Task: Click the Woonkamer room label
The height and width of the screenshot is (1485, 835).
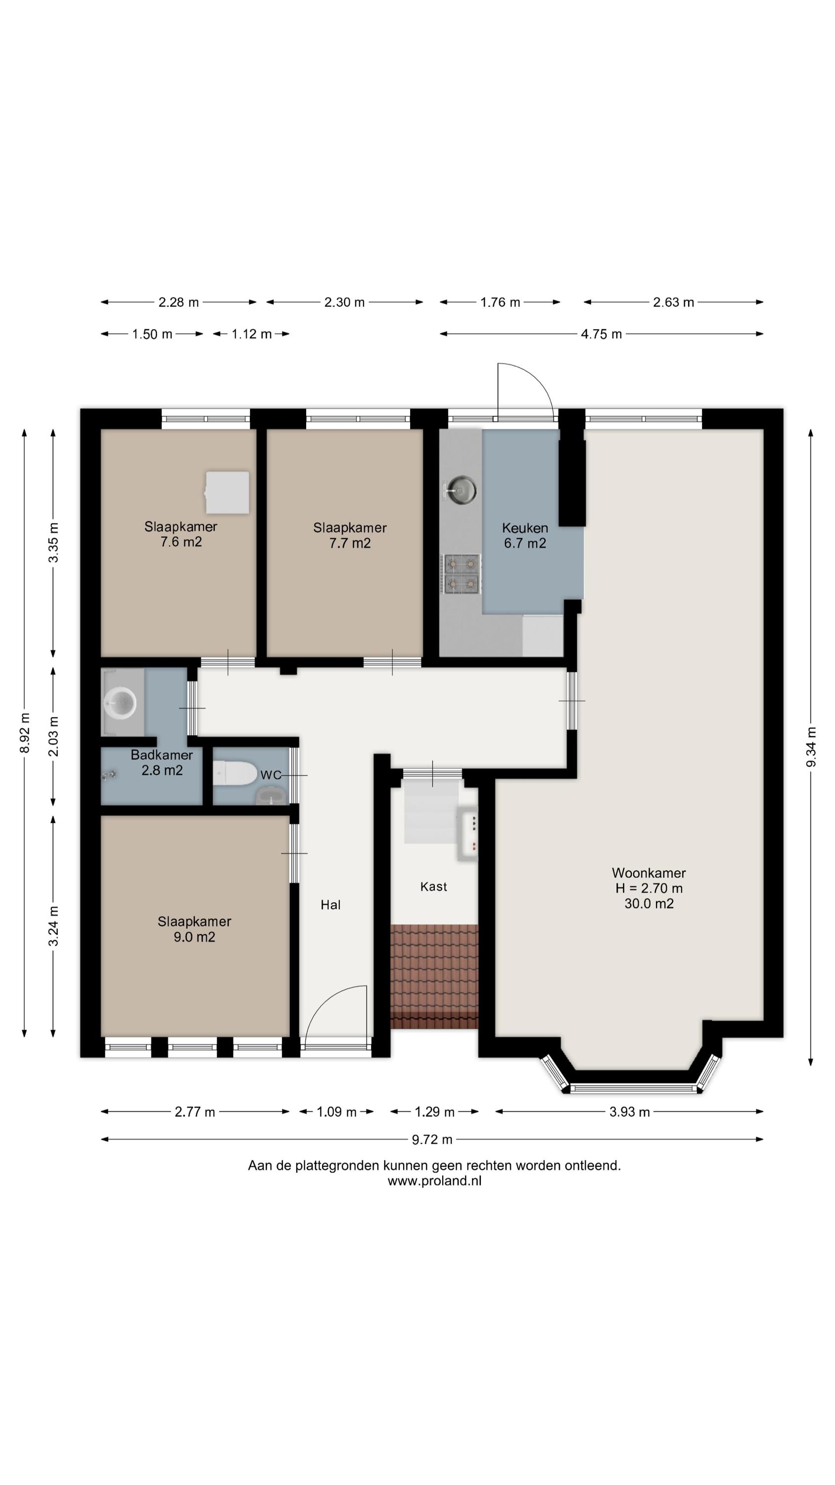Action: [649, 873]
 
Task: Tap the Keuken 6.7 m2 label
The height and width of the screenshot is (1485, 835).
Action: [524, 535]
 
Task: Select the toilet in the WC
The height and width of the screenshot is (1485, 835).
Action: [235, 773]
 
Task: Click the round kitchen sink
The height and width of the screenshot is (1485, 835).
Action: [462, 491]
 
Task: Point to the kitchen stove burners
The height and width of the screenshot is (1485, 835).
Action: [462, 574]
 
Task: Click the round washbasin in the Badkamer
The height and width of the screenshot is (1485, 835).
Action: [120, 702]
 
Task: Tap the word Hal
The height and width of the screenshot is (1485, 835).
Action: [330, 904]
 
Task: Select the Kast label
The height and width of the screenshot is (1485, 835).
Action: [433, 886]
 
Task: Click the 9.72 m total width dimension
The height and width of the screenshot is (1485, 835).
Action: [432, 1139]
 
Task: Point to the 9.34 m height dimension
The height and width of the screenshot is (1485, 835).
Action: [810, 747]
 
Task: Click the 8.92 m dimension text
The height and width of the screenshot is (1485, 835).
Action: [24, 733]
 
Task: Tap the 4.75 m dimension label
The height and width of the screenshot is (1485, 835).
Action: [601, 334]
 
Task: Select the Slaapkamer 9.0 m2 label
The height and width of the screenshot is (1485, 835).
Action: [194, 929]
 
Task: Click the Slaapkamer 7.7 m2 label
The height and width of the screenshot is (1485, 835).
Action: [350, 535]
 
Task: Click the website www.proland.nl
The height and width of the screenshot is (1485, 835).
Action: [434, 1181]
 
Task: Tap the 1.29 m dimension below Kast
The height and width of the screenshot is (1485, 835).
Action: [434, 1111]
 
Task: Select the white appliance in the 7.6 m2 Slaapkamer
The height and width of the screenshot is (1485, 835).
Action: [228, 493]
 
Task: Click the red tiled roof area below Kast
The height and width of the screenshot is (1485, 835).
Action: [434, 977]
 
